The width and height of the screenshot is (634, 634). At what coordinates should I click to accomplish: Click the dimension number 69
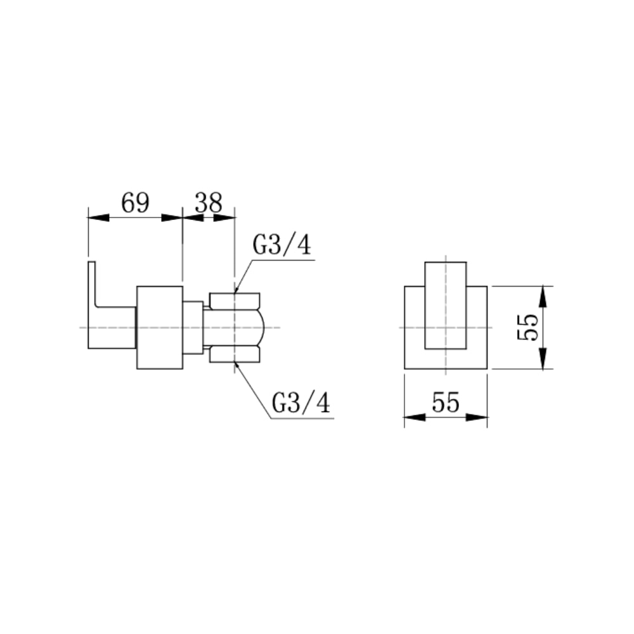pos(134,204)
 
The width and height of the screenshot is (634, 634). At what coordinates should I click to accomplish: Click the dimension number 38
pos(209,204)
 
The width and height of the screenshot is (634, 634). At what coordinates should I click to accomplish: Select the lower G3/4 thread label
pos(301,403)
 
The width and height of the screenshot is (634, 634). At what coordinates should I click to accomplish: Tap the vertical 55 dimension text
pos(528,327)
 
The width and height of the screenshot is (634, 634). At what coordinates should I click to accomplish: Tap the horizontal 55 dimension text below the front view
pos(445,403)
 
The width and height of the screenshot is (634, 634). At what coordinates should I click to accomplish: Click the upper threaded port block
pos(235,300)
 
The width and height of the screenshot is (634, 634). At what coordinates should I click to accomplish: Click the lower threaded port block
pos(235,354)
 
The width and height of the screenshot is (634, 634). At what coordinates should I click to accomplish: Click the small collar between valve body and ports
pos(192,327)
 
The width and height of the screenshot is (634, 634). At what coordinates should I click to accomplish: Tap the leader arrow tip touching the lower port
pos(236,363)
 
